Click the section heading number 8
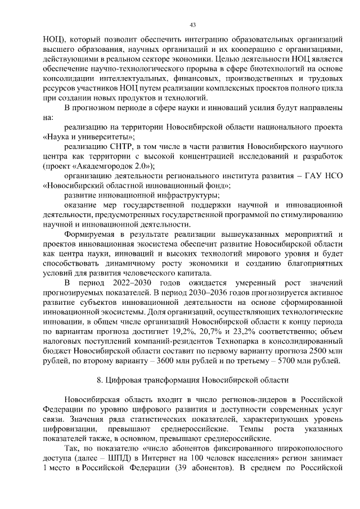(100, 380)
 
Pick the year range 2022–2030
(133, 282)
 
